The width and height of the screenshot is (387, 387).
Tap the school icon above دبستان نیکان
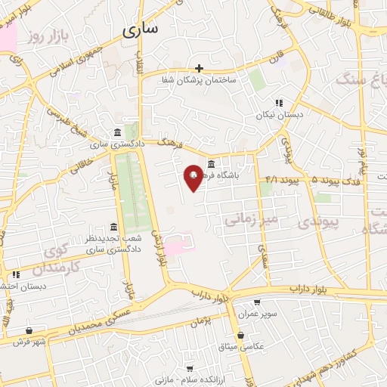(278, 103)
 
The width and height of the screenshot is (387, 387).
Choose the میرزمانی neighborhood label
(252, 218)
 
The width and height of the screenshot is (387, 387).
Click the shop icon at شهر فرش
(29, 330)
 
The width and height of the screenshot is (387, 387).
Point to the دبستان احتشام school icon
(15, 274)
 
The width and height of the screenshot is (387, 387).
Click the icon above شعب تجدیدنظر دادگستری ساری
(113, 227)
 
